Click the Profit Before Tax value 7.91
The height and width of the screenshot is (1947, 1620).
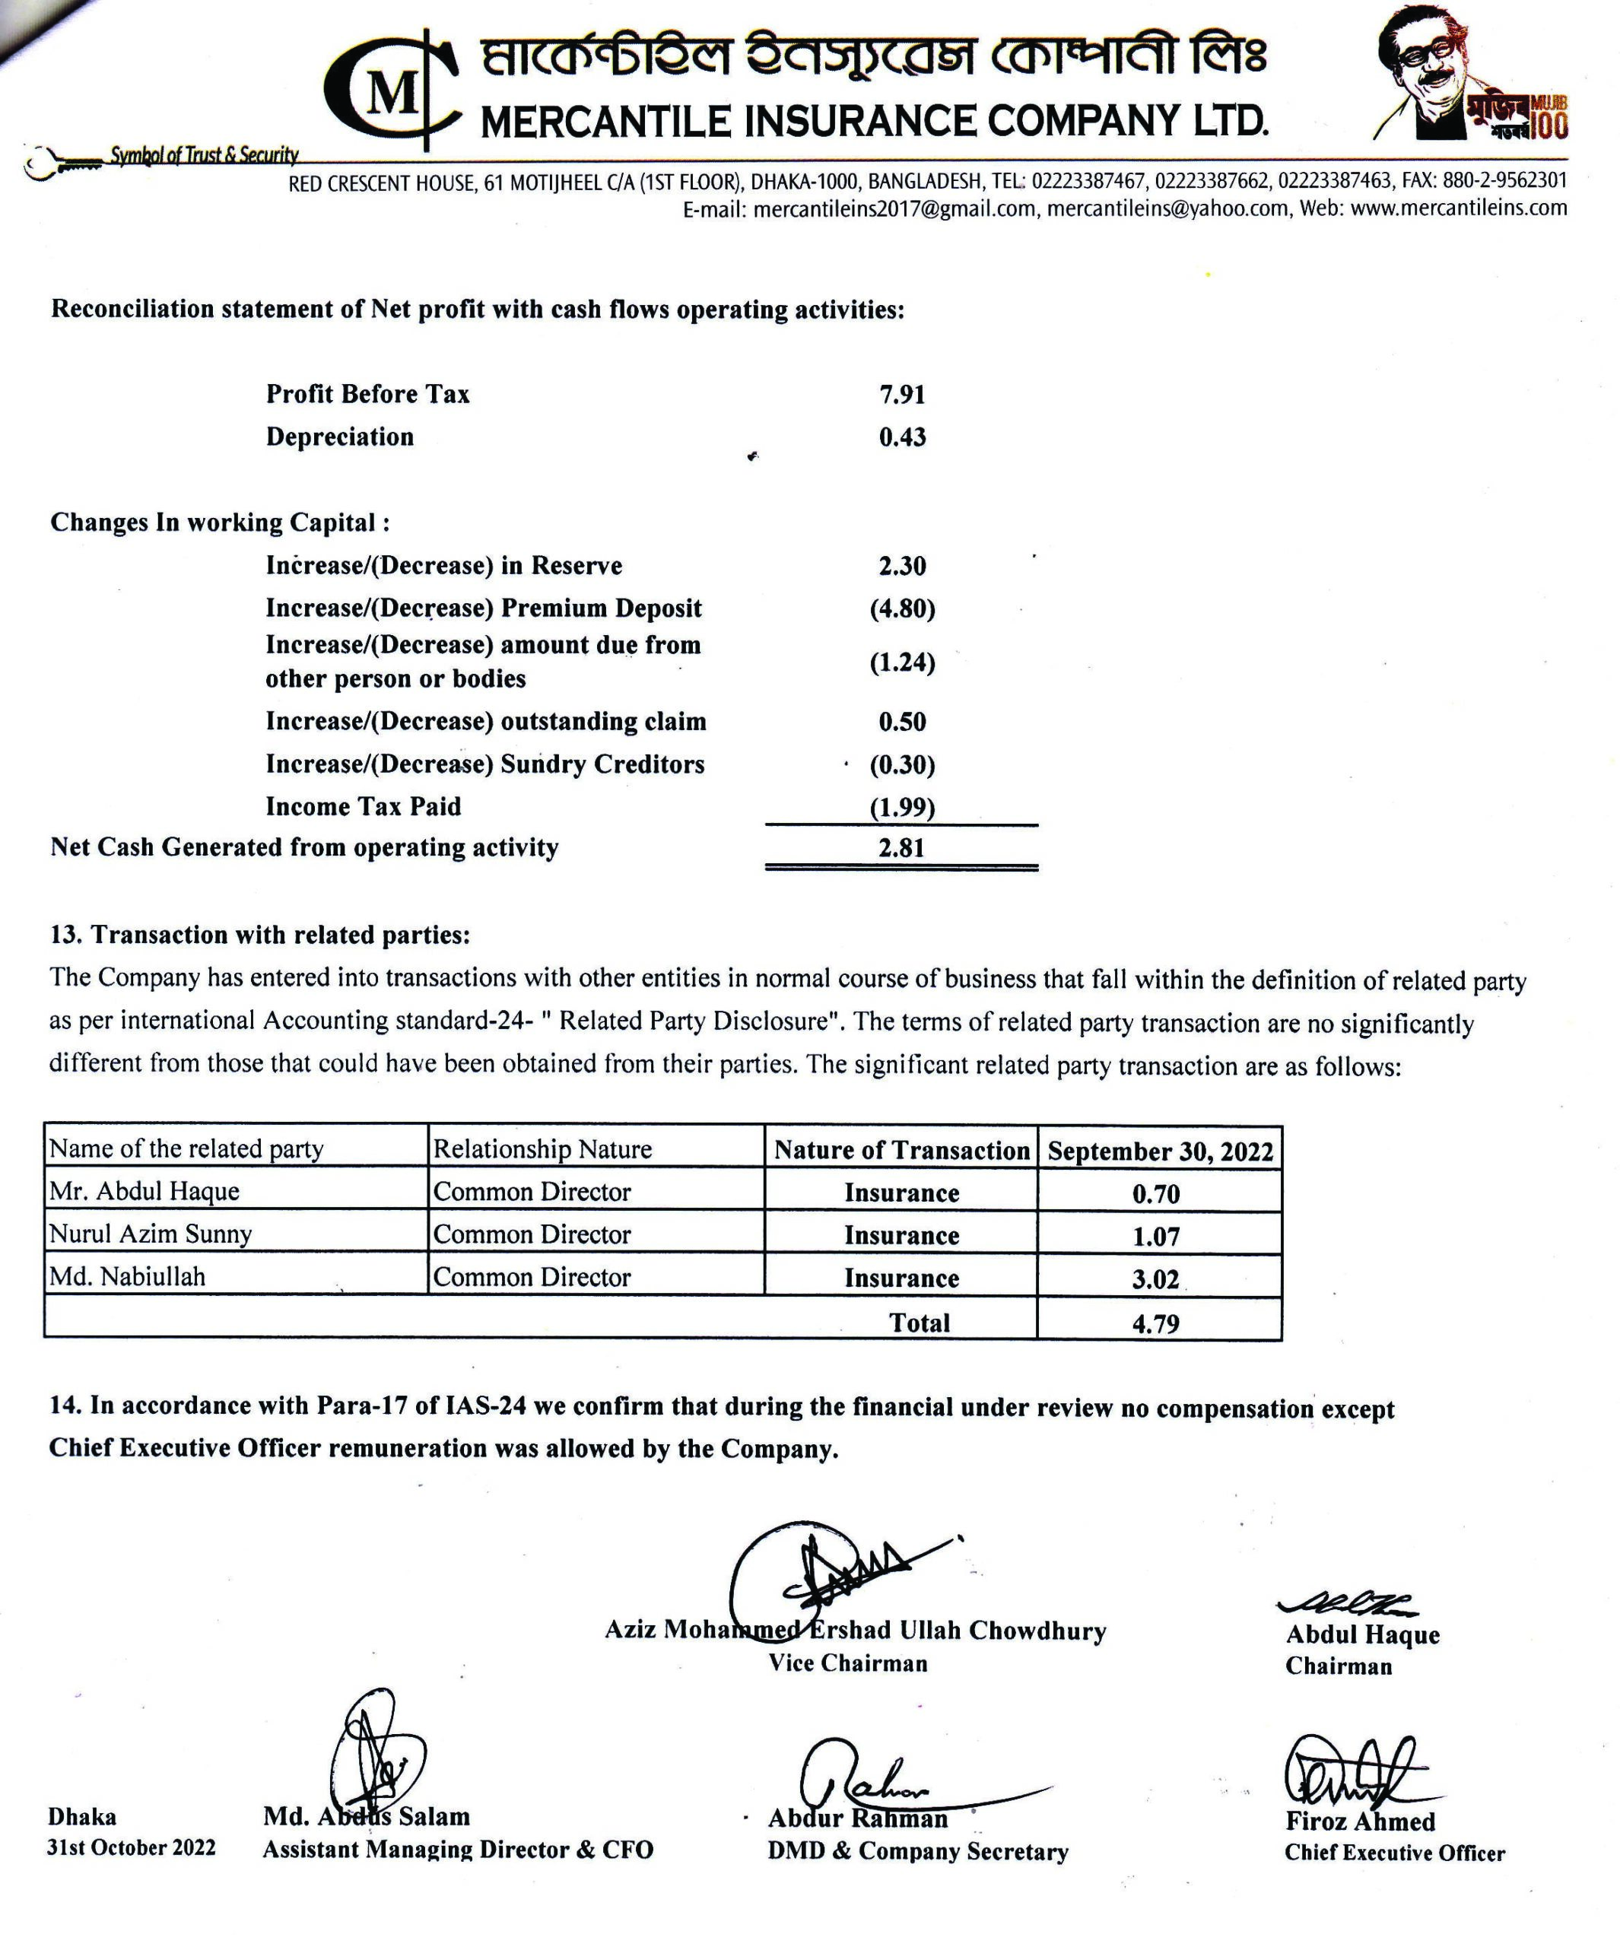click(901, 395)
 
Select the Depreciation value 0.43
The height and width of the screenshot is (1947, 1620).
click(901, 437)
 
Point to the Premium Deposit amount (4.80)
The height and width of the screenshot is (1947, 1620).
click(901, 609)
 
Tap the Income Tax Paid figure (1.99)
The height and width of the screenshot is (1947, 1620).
click(901, 808)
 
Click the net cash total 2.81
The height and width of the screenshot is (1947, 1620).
click(901, 848)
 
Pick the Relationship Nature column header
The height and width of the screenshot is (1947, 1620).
click(542, 1150)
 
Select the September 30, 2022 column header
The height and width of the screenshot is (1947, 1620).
click(1160, 1151)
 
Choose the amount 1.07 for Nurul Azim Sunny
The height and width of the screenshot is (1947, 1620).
click(1155, 1237)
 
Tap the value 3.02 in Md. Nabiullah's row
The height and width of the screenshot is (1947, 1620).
click(1155, 1279)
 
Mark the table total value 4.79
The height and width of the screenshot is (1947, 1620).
click(1155, 1323)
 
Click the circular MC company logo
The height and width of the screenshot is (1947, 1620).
click(389, 91)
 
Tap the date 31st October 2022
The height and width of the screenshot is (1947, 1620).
click(131, 1848)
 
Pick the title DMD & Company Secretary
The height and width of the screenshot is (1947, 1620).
click(917, 1851)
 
